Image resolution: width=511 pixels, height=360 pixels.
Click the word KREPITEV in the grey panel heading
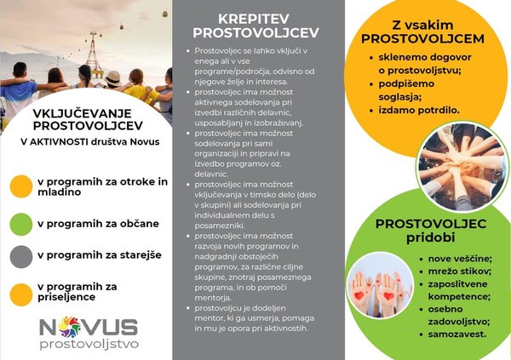[x=254, y=19]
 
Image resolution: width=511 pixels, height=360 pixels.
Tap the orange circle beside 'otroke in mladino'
[x=21, y=186]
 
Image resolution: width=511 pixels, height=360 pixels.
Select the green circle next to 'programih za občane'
[x=21, y=224]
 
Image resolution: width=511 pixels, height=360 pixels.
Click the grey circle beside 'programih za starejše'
[x=21, y=257]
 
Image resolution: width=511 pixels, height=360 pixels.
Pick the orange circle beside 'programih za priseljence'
[x=21, y=294]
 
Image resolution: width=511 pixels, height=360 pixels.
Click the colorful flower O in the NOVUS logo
[x=70, y=326]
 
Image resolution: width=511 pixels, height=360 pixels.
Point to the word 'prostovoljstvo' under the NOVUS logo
[x=89, y=345]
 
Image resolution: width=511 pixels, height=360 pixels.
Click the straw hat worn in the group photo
[x=113, y=78]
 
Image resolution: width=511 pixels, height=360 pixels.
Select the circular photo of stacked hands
[x=462, y=167]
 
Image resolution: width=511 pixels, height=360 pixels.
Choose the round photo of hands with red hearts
[x=380, y=285]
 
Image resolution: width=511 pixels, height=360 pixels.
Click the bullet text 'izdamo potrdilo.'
[x=419, y=110]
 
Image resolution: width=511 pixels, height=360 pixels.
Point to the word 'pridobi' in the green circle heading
[x=430, y=237]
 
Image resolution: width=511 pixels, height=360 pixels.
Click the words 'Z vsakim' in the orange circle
[x=422, y=25]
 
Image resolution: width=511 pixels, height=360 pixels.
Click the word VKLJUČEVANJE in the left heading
[x=82, y=113]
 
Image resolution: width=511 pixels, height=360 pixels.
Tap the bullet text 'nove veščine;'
[x=460, y=259]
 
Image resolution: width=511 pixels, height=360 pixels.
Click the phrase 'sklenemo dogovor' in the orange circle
[x=425, y=57]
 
